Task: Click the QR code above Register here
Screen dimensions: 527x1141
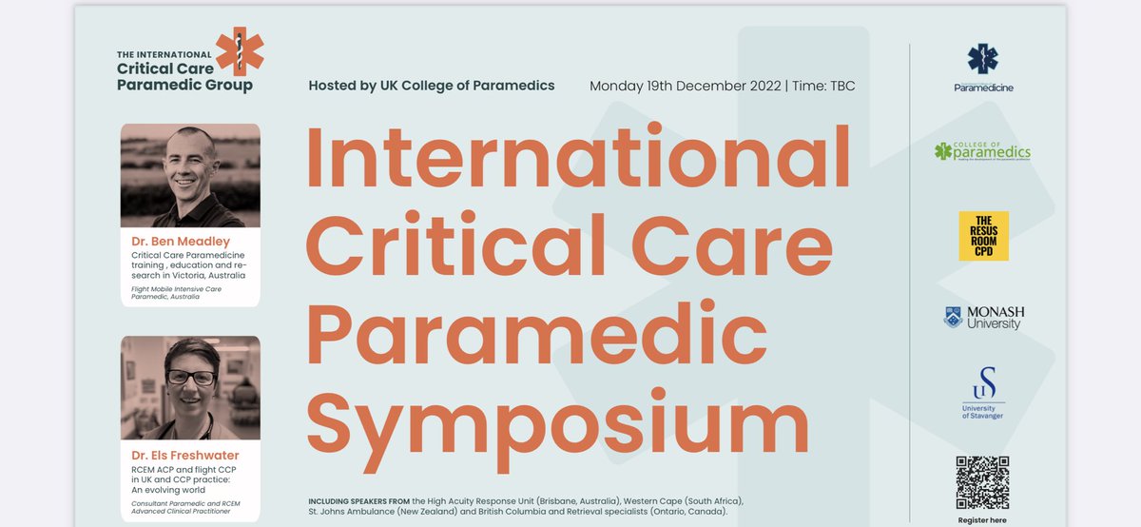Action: [x=982, y=484]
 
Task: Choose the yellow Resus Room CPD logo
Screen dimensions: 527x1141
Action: [x=983, y=236]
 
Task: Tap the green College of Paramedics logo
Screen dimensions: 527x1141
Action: [x=983, y=151]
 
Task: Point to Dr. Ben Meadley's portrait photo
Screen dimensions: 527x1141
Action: [x=190, y=175]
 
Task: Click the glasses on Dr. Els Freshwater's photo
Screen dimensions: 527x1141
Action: [x=191, y=378]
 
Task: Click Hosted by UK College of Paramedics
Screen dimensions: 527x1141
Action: [x=432, y=86]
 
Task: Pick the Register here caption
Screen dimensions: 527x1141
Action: [x=982, y=521]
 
